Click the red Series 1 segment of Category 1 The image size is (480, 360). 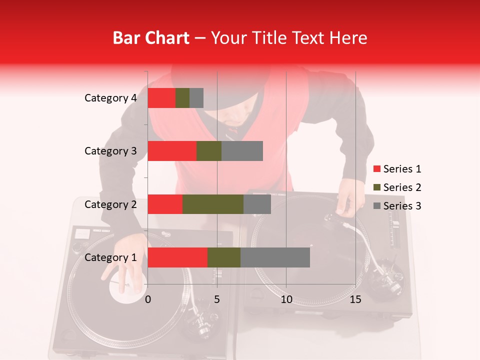tap(177, 257)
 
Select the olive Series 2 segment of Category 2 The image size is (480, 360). tap(213, 204)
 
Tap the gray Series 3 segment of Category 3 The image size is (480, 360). tap(242, 151)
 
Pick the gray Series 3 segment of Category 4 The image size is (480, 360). tap(196, 98)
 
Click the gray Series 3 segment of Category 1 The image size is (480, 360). tap(275, 257)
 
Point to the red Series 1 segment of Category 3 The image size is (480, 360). tap(172, 151)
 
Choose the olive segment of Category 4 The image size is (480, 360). tap(182, 98)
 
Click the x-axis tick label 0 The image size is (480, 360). tap(148, 299)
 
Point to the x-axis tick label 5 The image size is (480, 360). tap(217, 299)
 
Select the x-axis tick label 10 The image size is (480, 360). tap(286, 299)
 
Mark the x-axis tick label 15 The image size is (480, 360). tap(355, 299)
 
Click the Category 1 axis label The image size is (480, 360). tap(110, 257)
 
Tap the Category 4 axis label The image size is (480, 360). tap(110, 98)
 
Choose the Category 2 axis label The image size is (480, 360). tap(110, 204)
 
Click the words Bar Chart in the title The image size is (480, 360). tap(150, 38)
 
